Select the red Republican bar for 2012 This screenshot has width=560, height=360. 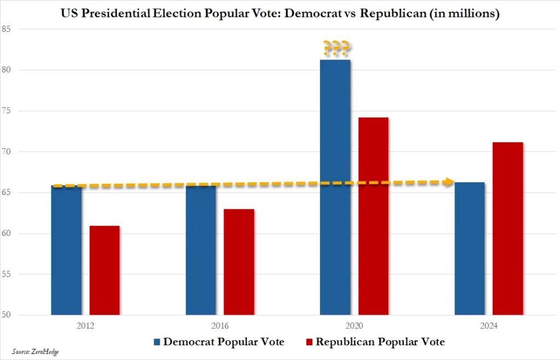pos(104,270)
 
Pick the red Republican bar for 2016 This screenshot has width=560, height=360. pos(239,262)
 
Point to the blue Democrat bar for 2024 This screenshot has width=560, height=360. pos(470,248)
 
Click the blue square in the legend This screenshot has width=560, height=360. pos(157,342)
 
